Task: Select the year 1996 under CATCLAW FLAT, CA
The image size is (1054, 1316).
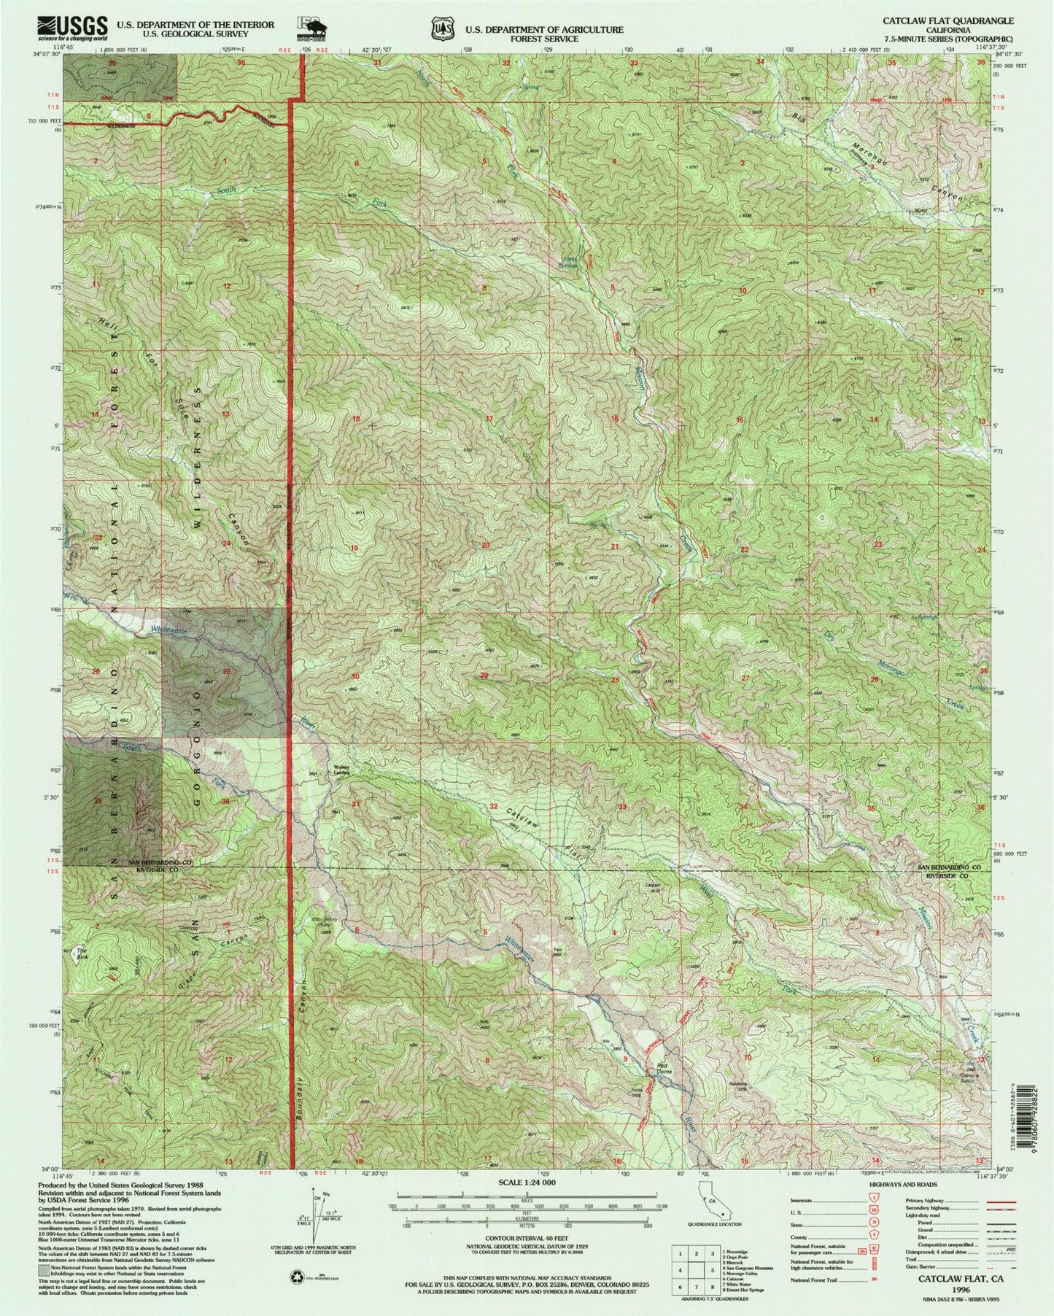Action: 953,1289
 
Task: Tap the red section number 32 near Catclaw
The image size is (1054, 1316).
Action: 494,807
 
